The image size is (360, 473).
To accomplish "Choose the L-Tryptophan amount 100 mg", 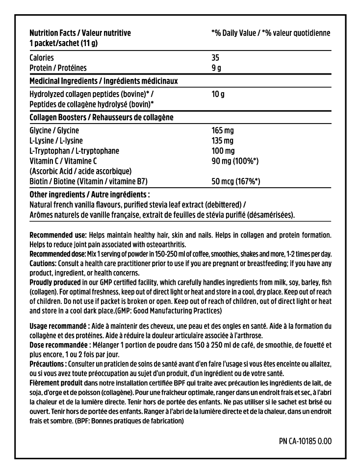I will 223,151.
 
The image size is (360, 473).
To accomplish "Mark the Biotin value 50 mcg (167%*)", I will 235,181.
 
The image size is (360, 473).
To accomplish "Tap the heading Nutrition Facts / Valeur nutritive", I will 80,33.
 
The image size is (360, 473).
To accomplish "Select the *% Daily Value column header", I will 270,33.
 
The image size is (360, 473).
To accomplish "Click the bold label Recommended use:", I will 58,235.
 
